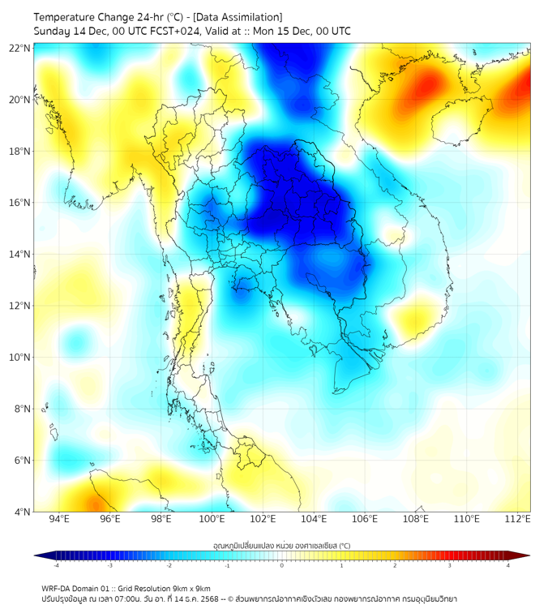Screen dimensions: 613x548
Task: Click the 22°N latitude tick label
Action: tap(20, 48)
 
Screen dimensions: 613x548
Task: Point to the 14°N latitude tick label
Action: tap(20, 254)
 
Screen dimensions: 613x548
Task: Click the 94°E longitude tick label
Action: tap(59, 519)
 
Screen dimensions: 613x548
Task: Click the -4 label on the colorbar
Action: tap(56, 565)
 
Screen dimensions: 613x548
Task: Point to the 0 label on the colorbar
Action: tap(282, 565)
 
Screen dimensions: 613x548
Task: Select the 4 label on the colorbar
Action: tap(508, 565)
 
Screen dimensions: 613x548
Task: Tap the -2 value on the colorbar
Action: tap(169, 565)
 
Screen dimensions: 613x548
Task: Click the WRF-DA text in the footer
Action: tap(56, 588)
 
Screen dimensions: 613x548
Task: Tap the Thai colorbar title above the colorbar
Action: tap(281, 546)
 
